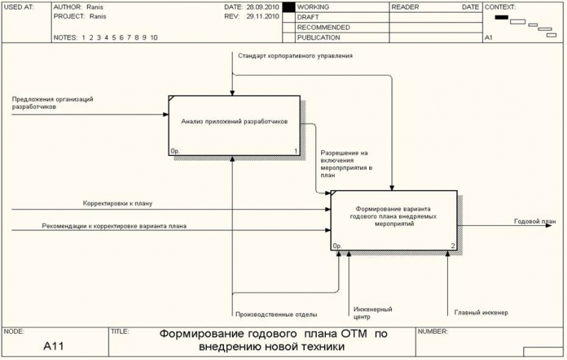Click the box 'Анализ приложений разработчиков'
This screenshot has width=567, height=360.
(x=235, y=125)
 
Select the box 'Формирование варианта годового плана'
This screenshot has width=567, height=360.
(x=394, y=220)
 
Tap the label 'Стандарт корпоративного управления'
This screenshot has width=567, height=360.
(x=295, y=56)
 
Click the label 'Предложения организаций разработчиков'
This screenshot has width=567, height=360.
(x=52, y=103)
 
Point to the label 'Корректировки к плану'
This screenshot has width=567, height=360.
(x=118, y=203)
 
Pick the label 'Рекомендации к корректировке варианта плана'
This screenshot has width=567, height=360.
(x=114, y=226)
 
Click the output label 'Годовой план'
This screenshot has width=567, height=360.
(x=535, y=221)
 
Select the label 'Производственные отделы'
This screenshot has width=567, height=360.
(x=276, y=315)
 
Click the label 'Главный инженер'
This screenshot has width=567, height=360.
(x=481, y=313)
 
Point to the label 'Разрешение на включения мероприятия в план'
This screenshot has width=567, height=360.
(x=347, y=164)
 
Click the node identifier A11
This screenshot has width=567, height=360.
(x=54, y=347)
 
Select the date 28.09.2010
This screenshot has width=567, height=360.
(x=263, y=7)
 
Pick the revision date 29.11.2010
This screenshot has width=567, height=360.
(x=263, y=16)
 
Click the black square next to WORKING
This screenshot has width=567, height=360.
(x=288, y=7)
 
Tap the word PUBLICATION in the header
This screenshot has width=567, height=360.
(x=318, y=38)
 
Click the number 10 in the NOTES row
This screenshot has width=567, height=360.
(x=154, y=38)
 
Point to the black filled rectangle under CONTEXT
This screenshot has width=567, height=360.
(x=502, y=17)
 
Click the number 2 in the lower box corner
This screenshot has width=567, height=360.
(x=453, y=246)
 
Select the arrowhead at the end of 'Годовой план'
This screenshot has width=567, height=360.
(x=549, y=225)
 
